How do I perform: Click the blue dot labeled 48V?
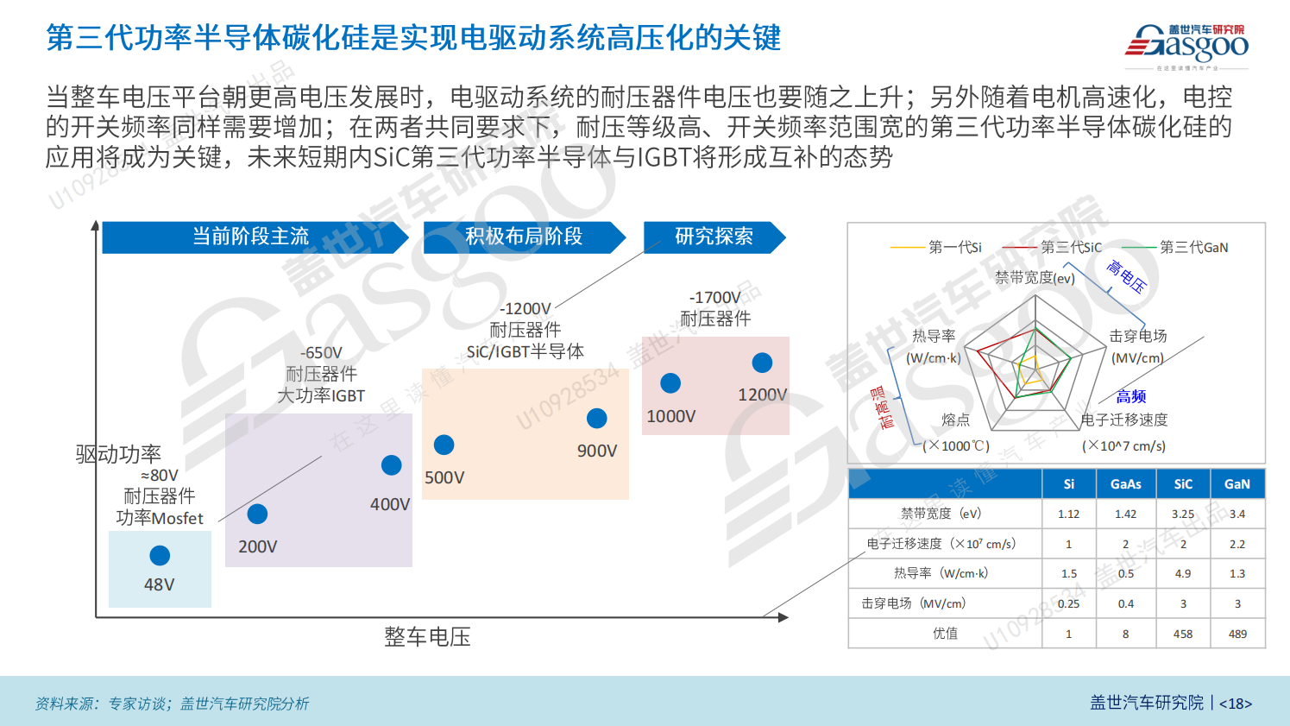160,555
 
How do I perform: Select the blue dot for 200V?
257,514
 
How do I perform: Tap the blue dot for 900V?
596,419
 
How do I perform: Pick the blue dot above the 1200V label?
762,363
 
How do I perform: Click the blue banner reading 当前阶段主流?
251,237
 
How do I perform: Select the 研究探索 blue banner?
714,237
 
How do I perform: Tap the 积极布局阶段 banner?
524,237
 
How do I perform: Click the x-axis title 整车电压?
427,637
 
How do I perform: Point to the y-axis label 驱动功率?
118,454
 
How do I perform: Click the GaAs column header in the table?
1125,484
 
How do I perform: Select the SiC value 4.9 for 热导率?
1183,573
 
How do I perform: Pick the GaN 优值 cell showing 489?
1237,634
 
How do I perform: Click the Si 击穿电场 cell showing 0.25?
1068,603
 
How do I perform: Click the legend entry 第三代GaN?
1193,248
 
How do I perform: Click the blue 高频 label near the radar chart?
1131,397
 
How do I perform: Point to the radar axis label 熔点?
955,420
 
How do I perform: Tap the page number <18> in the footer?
1236,704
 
